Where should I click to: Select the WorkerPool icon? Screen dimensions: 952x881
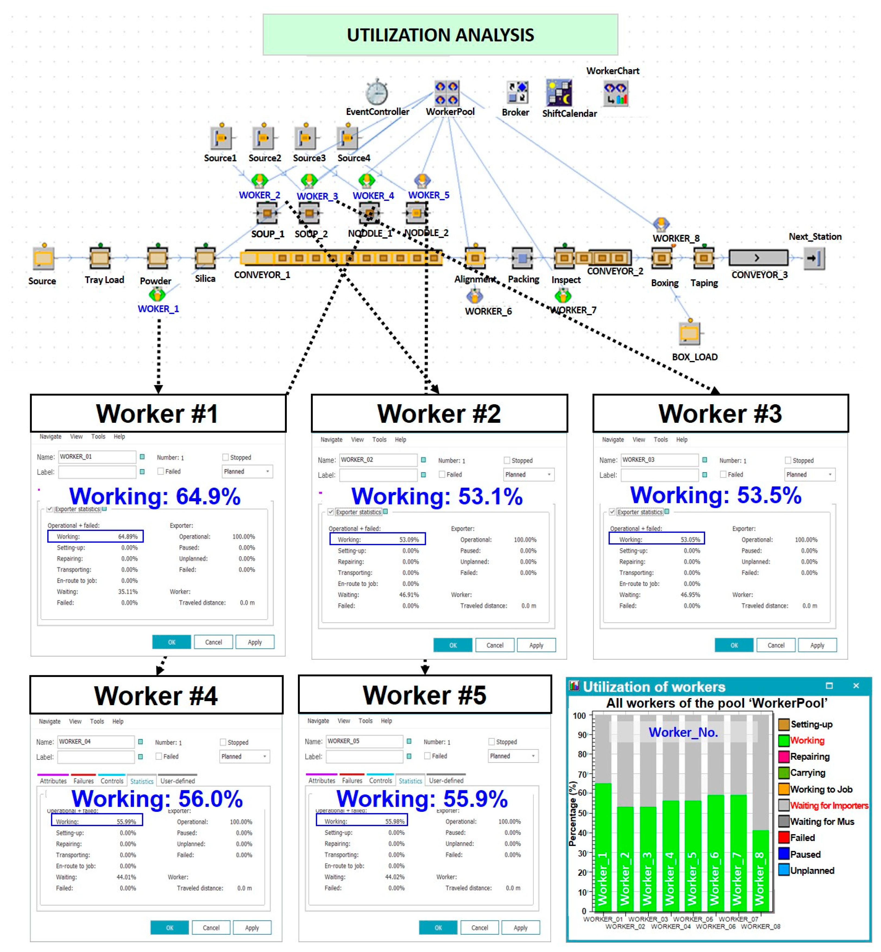pos(447,93)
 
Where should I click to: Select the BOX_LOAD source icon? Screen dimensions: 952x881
pos(689,332)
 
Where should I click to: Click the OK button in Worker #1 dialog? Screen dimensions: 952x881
pos(172,642)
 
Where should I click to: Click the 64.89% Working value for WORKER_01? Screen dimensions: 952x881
pos(128,536)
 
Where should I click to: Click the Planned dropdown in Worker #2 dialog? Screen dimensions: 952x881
pos(528,474)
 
